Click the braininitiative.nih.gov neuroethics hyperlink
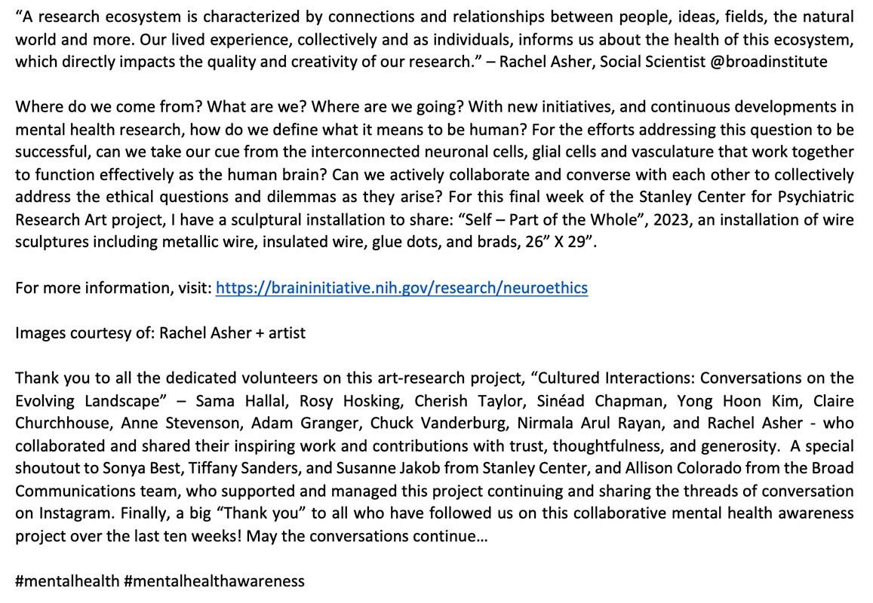pyautogui.click(x=401, y=287)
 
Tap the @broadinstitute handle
pyautogui.click(x=768, y=61)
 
